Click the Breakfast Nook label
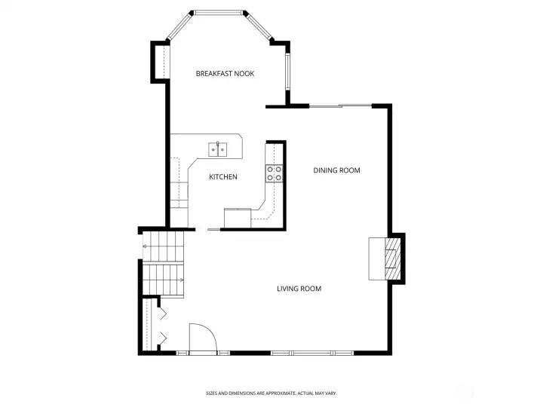coord(225,73)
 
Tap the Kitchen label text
coord(223,177)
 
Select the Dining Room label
coord(336,170)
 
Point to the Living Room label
coord(299,289)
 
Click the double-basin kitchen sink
coord(218,148)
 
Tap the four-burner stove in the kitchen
coord(274,173)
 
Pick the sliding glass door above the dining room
coord(340,106)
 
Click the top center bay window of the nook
coord(219,12)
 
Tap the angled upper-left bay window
coord(178,27)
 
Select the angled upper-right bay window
coord(259,27)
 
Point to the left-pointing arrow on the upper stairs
coord(144,246)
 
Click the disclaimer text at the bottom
coord(271,393)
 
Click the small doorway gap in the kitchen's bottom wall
coord(214,228)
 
